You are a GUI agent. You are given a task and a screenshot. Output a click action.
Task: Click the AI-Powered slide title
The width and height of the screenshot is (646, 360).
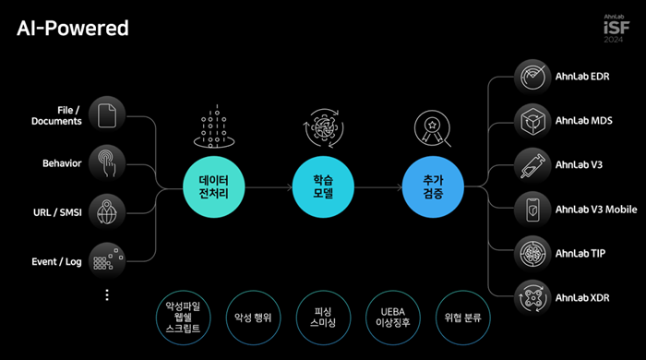pos(73,29)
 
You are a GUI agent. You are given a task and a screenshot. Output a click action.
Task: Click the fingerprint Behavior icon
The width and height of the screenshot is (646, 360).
pos(109,163)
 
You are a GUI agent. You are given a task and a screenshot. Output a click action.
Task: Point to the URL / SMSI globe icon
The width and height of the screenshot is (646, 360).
pos(109,212)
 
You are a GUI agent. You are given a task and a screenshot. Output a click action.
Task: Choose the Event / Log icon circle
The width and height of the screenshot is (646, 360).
pos(109,261)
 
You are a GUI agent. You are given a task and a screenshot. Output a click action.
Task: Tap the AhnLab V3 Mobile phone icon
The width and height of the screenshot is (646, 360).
pos(532,210)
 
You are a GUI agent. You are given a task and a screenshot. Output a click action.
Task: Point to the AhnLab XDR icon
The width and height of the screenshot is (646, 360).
pos(532,297)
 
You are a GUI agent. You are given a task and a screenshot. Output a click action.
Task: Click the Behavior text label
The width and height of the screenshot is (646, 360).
pos(62,163)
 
